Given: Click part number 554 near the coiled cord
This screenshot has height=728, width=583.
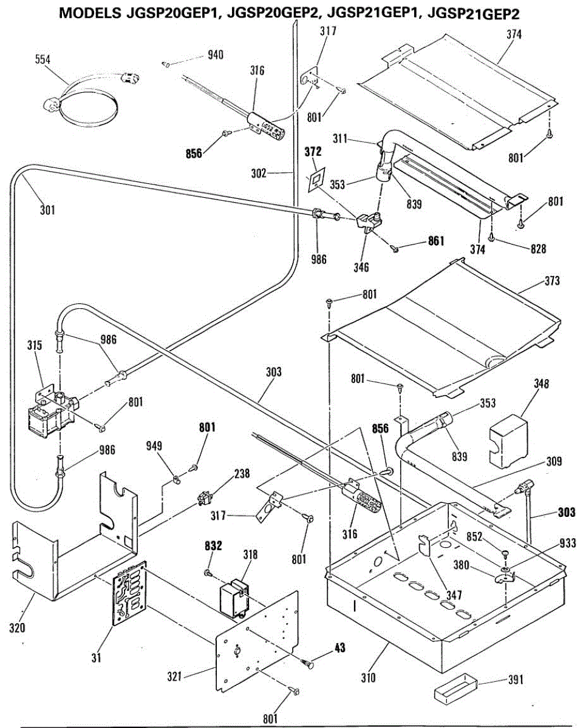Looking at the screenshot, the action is [43, 59].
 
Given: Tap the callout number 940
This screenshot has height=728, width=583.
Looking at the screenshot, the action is [216, 55].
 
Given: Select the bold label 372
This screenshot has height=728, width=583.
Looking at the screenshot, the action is [313, 152].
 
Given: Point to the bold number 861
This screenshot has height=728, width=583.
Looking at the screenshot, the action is [436, 241].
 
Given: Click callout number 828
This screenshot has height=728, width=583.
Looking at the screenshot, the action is [538, 249].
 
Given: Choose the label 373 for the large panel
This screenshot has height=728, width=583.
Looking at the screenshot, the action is [552, 281].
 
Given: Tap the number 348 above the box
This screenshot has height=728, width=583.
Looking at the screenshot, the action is [541, 383].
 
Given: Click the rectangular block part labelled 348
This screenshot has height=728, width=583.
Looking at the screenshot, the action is [508, 442].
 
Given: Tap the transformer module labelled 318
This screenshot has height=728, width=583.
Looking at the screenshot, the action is [234, 598].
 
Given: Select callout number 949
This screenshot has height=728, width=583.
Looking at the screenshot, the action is [154, 446].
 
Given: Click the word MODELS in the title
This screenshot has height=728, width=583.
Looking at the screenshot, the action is [90, 13].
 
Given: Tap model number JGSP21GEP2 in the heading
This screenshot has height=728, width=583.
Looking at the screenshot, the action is [474, 13].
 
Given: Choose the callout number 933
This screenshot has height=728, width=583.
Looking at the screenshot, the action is [568, 543].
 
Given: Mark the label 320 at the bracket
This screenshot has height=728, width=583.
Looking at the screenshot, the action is [17, 629].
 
